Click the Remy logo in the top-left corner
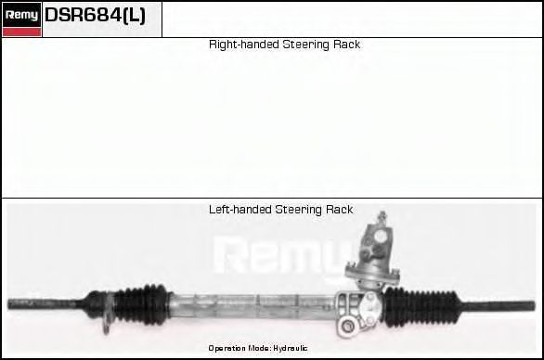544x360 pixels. (21, 15)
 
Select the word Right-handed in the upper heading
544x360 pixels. (240, 45)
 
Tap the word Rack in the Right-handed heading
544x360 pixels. (345, 45)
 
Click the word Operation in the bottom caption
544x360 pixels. (226, 348)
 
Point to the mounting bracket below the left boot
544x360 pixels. (110, 319)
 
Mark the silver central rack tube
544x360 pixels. (251, 302)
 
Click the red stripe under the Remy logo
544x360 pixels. (21, 32)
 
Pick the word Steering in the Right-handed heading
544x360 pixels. (303, 45)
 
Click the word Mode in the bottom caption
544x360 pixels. (258, 348)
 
